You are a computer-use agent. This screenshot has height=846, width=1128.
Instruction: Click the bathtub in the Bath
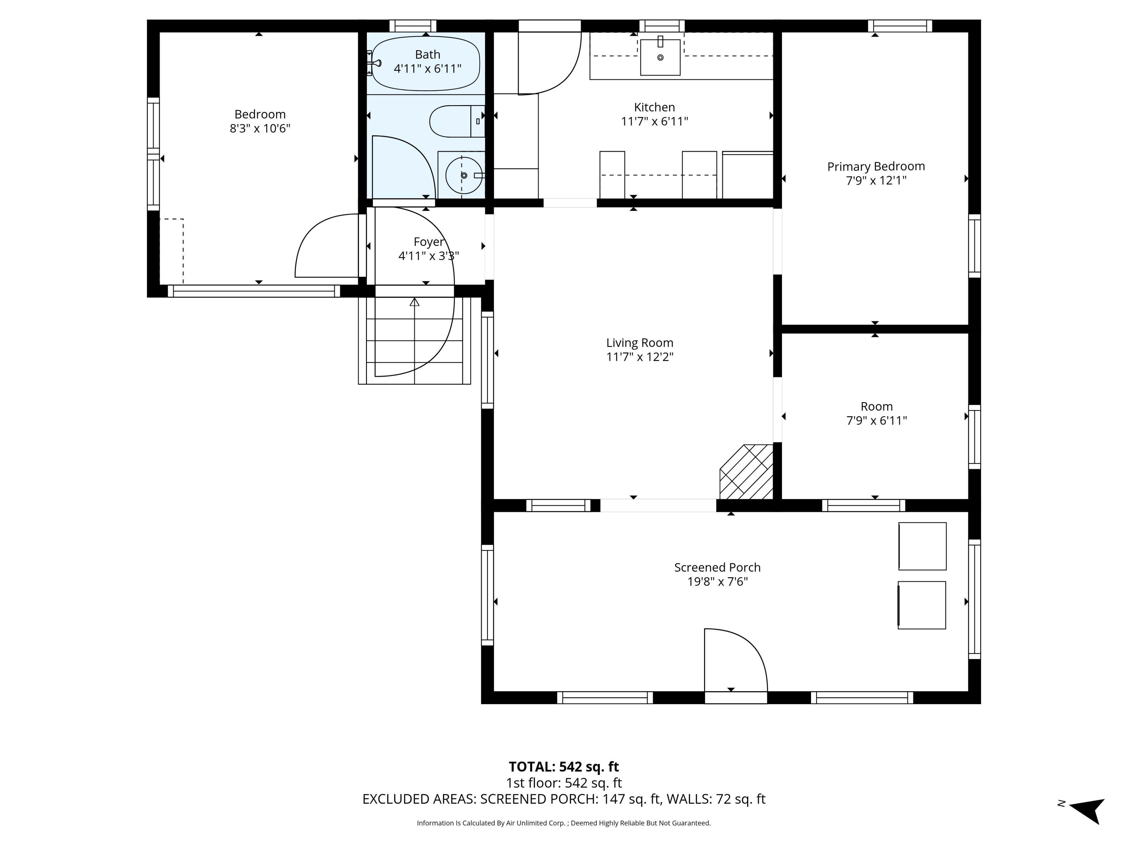click(x=426, y=64)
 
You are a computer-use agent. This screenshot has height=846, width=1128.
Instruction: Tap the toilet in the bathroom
click(x=457, y=121)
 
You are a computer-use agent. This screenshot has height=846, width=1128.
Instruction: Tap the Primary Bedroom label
click(x=876, y=166)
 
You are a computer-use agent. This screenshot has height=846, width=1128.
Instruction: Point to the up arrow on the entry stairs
click(x=414, y=302)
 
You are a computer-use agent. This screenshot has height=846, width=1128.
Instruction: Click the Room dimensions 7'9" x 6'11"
click(x=877, y=421)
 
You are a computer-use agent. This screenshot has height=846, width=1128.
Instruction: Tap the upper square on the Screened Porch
click(x=922, y=546)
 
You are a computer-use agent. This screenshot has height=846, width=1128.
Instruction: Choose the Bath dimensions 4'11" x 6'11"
click(x=427, y=69)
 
